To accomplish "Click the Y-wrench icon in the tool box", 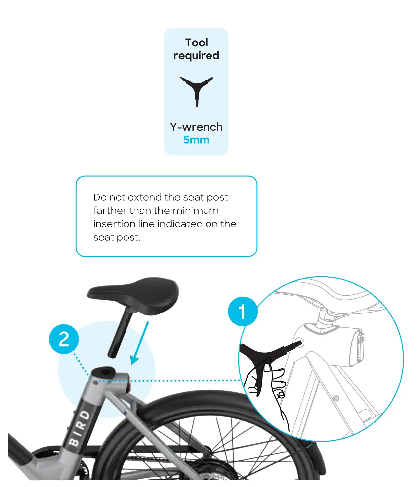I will pyautogui.click(x=196, y=90).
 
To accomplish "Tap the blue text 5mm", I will pyautogui.click(x=196, y=140).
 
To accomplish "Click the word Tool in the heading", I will pyautogui.click(x=197, y=43).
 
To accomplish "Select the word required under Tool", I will pyautogui.click(x=196, y=56).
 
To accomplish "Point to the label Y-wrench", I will pyautogui.click(x=196, y=127).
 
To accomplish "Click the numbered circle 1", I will pyautogui.click(x=242, y=312).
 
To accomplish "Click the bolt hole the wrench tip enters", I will pyautogui.click(x=298, y=343).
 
